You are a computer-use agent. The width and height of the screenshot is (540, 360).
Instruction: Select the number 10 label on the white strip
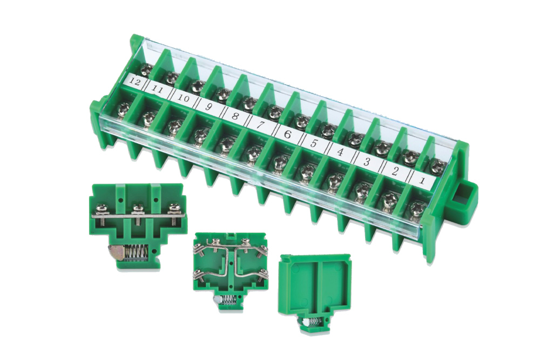tap(184, 98)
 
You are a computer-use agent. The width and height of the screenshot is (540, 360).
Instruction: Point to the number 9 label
tap(208, 107)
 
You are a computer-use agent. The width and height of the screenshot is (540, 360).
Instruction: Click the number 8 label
tap(235, 116)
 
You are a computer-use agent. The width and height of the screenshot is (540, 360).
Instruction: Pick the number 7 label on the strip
tap(261, 125)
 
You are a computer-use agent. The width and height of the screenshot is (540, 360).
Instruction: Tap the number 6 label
tap(287, 133)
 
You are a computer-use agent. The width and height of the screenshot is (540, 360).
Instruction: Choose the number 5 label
tap(313, 142)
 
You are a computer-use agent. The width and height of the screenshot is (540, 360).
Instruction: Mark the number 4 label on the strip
tap(340, 152)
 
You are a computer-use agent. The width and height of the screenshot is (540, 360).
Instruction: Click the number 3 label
tap(367, 161)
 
